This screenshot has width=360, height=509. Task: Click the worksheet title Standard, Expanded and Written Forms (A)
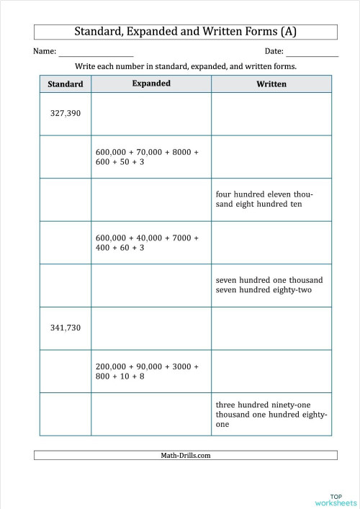coord(185,32)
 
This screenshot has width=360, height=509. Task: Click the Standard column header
coord(66,84)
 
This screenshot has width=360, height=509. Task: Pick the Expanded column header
coord(151,84)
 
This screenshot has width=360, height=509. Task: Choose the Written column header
coord(271,84)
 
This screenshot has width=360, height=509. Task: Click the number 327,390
coord(66,114)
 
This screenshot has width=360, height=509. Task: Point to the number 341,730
coord(66,328)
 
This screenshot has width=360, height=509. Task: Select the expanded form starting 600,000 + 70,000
coord(147,157)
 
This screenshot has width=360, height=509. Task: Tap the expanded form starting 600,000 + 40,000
coord(147,243)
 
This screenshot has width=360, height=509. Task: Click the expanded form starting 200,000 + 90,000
coord(147,371)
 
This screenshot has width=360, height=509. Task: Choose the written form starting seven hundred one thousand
coord(269,285)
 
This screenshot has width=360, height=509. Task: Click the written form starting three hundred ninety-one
coord(271,415)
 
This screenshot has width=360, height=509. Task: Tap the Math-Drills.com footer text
coord(185,455)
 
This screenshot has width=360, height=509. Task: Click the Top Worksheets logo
coord(336,498)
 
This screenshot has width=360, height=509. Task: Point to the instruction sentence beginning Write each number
coord(186,66)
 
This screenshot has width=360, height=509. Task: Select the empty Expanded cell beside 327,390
coord(151,114)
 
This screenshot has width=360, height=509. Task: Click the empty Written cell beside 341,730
coord(271,328)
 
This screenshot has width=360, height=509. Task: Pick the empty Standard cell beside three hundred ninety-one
coord(66,414)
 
